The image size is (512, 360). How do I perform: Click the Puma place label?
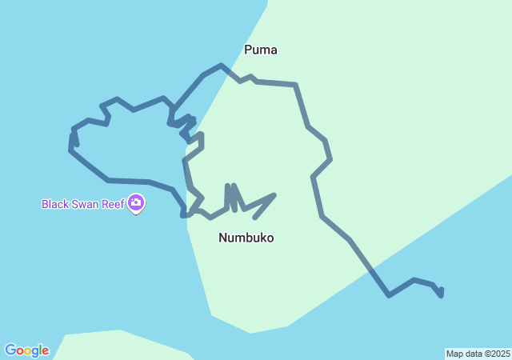261,50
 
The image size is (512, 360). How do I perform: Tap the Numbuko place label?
246,238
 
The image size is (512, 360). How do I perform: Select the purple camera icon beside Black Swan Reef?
136,204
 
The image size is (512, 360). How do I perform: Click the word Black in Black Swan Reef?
55,204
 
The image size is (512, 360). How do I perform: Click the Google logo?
26,350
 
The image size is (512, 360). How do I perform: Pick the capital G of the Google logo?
10,350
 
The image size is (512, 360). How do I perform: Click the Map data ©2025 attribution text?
478,354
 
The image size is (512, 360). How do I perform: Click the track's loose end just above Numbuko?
254,218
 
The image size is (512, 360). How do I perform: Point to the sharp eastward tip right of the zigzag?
274,194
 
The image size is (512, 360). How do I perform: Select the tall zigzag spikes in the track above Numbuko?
230,196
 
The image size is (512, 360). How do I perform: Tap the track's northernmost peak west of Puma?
221,65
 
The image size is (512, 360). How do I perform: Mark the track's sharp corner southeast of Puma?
295,84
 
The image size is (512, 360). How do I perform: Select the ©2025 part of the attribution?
495,354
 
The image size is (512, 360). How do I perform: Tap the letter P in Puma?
249,50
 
